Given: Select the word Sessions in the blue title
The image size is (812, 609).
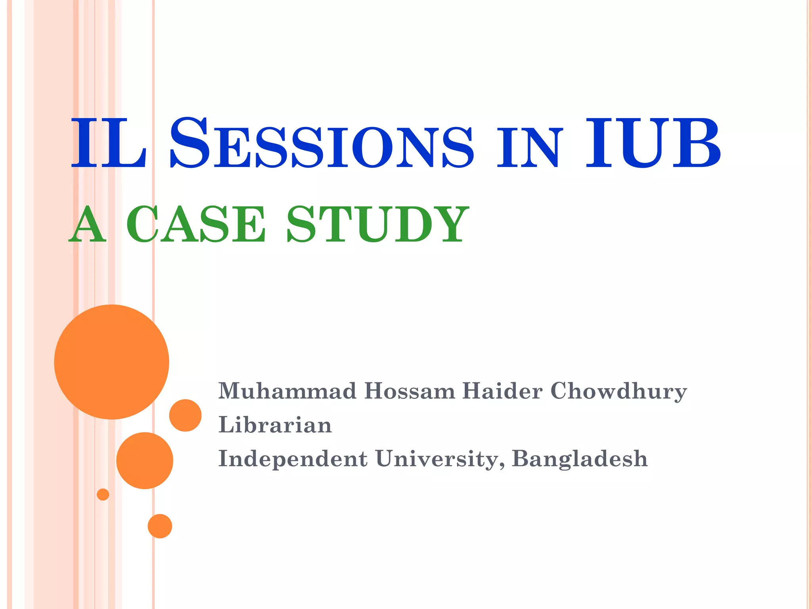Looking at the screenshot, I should [x=322, y=143].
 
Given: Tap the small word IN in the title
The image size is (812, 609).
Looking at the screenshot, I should [x=529, y=147].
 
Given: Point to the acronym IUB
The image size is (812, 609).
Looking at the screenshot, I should [x=653, y=143].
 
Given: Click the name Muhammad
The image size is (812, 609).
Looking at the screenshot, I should [x=287, y=391].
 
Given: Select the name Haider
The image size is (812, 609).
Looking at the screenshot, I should [x=502, y=391].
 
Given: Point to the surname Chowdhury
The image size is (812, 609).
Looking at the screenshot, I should [x=619, y=392].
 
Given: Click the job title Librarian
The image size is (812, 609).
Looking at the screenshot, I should [x=275, y=425].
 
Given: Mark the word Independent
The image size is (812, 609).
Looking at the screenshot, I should [x=293, y=459].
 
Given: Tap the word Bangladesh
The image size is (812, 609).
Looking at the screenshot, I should [x=580, y=459].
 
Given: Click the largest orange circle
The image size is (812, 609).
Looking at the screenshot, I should [x=112, y=362].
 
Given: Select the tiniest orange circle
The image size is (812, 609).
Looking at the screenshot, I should [x=103, y=494].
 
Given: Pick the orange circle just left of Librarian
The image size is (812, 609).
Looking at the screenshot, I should [x=186, y=416].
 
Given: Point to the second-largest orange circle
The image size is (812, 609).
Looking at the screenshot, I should [x=145, y=461].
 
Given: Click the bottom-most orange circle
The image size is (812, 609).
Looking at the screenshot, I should [x=160, y=526].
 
